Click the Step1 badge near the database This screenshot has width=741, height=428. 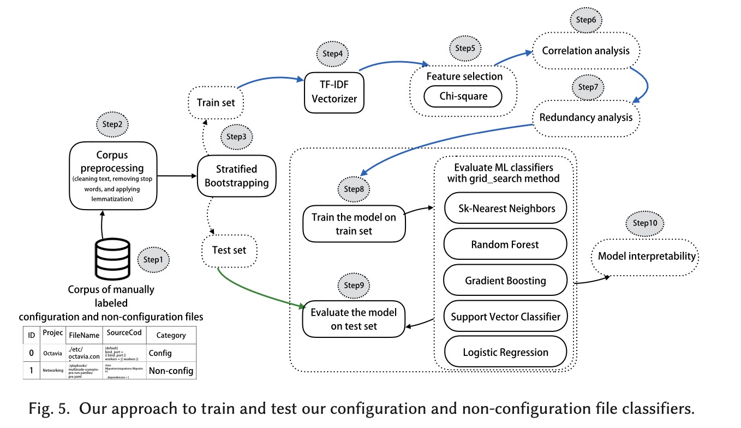(153, 259)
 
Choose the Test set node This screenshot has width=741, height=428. (229, 250)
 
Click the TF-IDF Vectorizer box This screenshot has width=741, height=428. (334, 92)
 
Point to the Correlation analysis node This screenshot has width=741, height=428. (585, 51)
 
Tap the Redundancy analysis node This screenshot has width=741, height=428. (586, 117)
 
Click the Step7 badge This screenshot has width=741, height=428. (588, 87)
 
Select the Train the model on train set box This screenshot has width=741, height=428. (354, 224)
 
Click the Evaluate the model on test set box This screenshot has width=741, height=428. (354, 320)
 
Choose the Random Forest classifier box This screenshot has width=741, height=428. (505, 244)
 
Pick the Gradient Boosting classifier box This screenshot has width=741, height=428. (505, 281)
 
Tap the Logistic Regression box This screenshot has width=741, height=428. (505, 352)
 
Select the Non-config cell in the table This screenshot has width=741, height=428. (171, 371)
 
